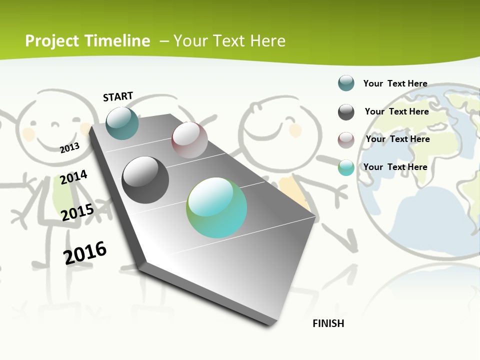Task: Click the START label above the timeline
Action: click(118, 96)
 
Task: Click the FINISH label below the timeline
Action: click(328, 323)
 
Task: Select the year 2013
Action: click(69, 148)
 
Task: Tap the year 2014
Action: click(73, 177)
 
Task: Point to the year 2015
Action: click(77, 212)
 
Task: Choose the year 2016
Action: click(85, 253)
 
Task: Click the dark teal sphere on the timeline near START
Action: click(122, 123)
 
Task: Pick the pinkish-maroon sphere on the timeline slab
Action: click(189, 140)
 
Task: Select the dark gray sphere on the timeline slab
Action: click(145, 180)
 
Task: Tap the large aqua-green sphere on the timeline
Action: click(216, 207)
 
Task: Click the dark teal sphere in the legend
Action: click(346, 83)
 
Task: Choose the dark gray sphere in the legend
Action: click(346, 112)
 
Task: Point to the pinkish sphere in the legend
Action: click(346, 140)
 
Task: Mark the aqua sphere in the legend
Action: click(346, 167)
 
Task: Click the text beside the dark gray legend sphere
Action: click(396, 111)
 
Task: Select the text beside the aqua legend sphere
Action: click(395, 167)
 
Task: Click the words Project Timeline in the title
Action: click(87, 41)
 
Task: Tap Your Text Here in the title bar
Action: click(229, 41)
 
